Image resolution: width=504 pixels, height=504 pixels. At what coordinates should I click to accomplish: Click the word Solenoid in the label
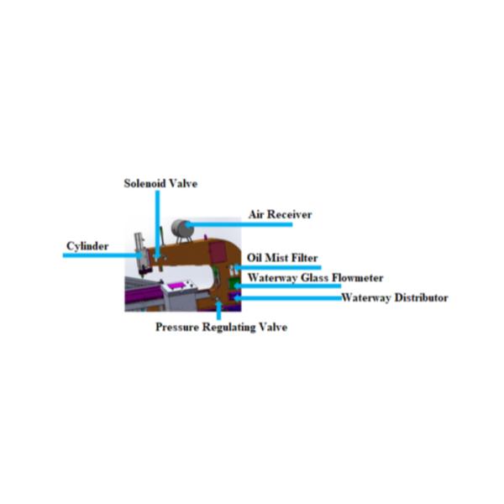[x=145, y=183]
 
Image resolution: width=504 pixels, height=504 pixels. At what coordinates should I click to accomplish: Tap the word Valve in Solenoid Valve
[x=183, y=183]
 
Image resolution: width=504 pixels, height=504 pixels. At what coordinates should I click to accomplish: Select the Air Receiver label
[x=281, y=214]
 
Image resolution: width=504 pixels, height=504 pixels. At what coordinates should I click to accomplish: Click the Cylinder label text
[x=87, y=246]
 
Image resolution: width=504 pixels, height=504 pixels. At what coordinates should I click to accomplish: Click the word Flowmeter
[x=358, y=278]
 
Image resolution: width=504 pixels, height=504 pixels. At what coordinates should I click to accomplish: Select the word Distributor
[x=422, y=297]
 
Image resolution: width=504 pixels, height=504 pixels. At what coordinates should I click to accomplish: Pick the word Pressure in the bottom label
[x=177, y=328]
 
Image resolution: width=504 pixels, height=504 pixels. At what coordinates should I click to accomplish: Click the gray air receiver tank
[x=182, y=228]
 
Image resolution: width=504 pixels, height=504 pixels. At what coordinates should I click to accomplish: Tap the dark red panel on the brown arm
[x=218, y=252]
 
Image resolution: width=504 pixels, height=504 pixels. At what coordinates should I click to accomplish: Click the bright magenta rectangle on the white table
[x=176, y=285]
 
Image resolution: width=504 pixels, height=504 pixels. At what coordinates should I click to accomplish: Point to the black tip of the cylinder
[x=144, y=272]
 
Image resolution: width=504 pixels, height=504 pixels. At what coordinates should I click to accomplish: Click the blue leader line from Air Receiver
[x=239, y=224]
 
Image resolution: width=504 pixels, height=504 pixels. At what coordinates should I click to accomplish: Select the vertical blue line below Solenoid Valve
[x=157, y=224]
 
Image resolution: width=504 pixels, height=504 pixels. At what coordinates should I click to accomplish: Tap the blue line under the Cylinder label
[x=102, y=255]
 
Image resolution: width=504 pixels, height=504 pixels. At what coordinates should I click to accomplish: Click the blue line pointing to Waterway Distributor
[x=287, y=298]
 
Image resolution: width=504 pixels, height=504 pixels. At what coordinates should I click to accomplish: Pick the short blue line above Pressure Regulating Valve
[x=219, y=310]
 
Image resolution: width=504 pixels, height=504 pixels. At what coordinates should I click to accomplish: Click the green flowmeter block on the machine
[x=233, y=284]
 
